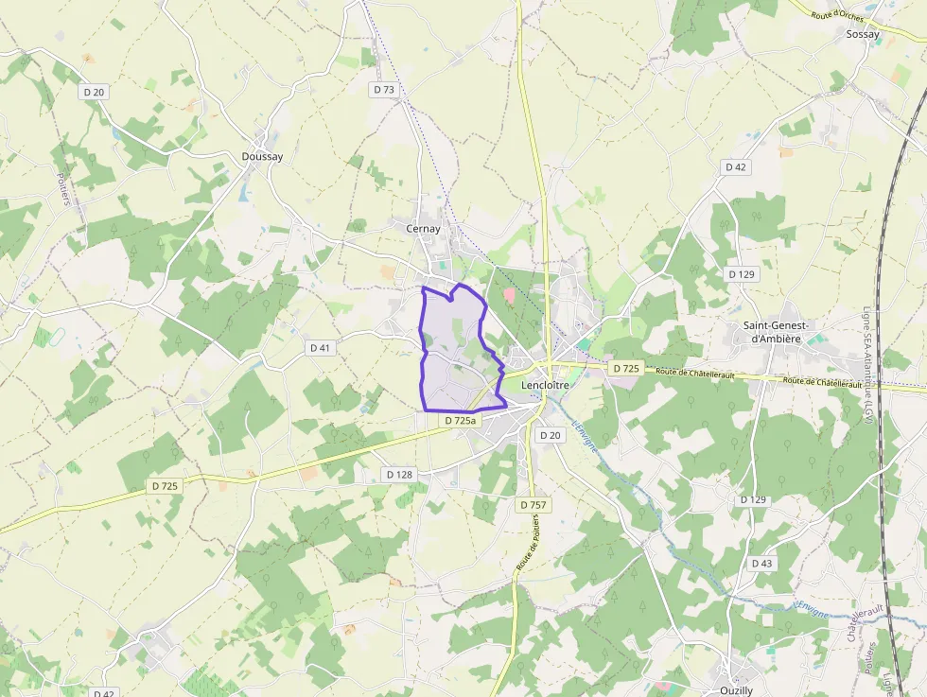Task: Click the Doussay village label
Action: [x=262, y=157]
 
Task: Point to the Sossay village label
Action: [x=863, y=35]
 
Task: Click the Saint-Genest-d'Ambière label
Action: [x=776, y=331]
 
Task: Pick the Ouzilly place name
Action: [x=737, y=690]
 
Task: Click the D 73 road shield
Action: [x=383, y=90]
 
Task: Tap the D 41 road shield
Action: [x=321, y=348]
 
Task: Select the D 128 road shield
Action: [x=399, y=474]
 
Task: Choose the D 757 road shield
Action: [x=533, y=505]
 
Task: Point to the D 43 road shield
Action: [x=761, y=564]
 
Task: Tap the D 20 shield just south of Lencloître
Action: [x=550, y=435]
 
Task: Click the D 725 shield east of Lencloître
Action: [x=625, y=368]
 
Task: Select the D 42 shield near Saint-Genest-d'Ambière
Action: [x=735, y=166]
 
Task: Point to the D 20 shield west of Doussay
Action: [x=94, y=92]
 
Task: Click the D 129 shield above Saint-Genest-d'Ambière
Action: [x=743, y=273]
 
